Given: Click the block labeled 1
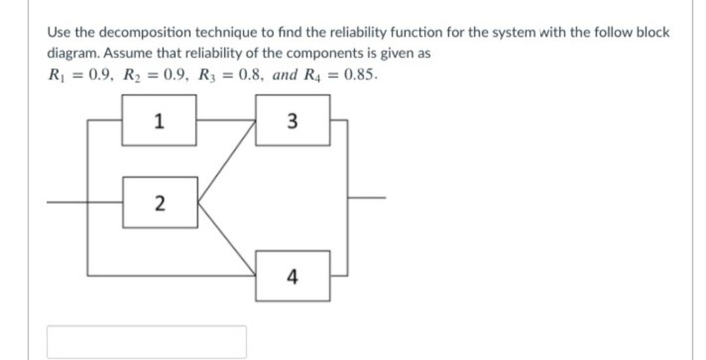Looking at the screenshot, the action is pos(160,120).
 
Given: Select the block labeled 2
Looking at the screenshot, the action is pos(160,203).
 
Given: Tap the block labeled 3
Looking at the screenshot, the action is pos(292,120).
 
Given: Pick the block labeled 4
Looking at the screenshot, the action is pos(292,277).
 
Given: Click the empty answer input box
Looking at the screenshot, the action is pos(146,342).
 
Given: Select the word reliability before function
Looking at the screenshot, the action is pos(319,33).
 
